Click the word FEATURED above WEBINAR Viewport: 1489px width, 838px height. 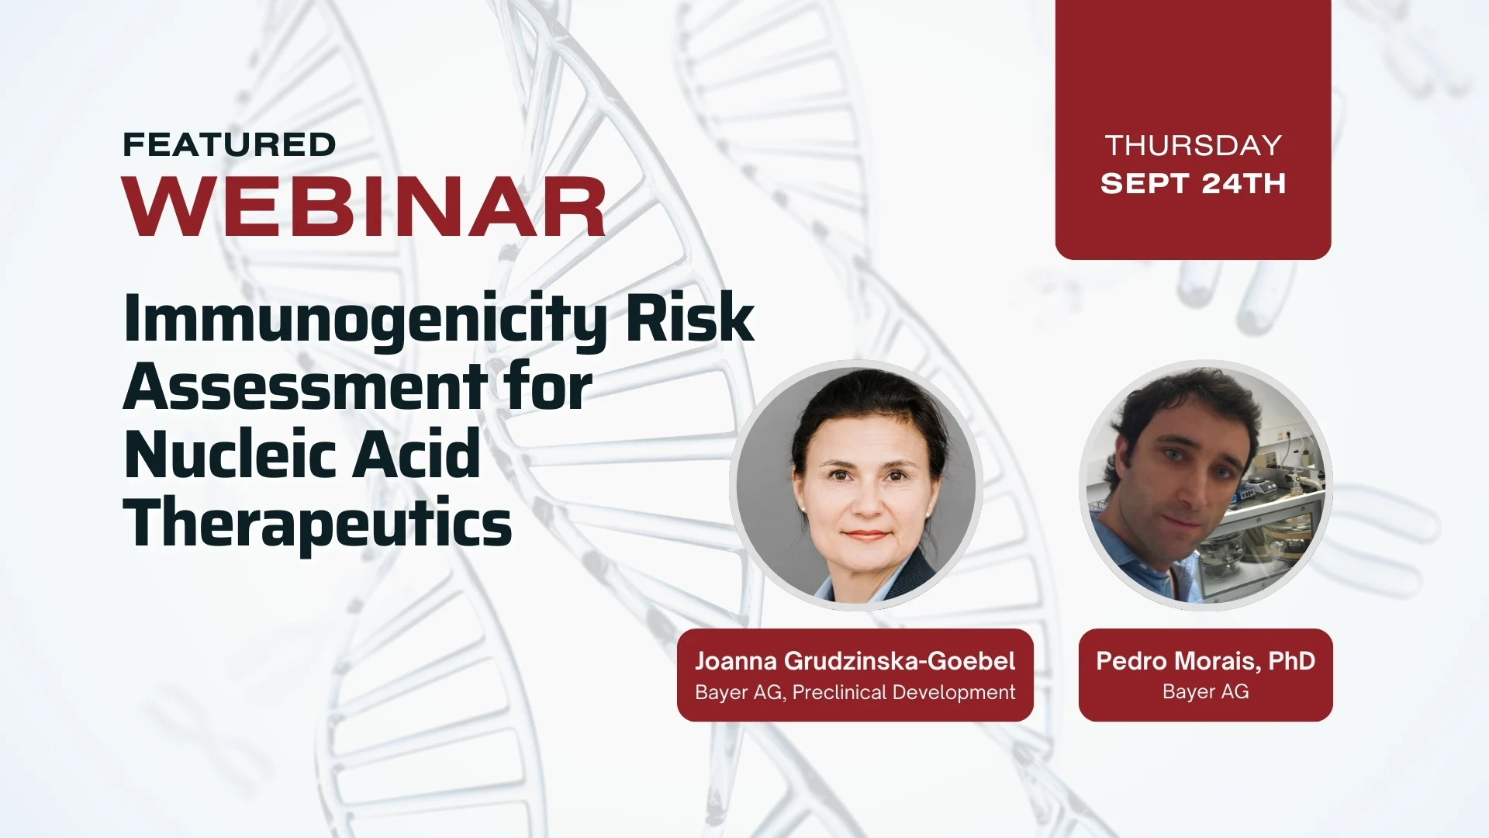(230, 145)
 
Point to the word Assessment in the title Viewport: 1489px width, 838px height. (306, 386)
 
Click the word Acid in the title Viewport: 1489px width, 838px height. (416, 454)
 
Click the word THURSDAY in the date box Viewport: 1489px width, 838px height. (1194, 146)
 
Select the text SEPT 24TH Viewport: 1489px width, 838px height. (1194, 184)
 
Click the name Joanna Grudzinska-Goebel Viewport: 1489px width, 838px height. (855, 661)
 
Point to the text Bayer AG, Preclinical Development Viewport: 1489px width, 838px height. (855, 692)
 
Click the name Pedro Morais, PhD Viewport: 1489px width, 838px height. (1205, 661)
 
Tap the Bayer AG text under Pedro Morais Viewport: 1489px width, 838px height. (1205, 691)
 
